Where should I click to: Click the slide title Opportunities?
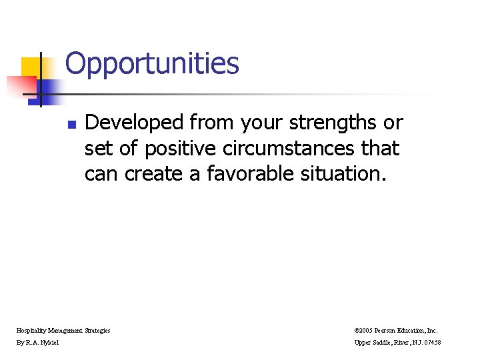(152, 64)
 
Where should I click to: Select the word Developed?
(134, 123)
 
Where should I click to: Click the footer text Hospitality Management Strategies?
(63, 330)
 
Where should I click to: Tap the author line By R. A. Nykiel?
(38, 343)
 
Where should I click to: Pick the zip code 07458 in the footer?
(450, 343)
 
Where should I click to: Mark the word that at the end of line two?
(381, 149)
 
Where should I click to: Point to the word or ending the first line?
(393, 123)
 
